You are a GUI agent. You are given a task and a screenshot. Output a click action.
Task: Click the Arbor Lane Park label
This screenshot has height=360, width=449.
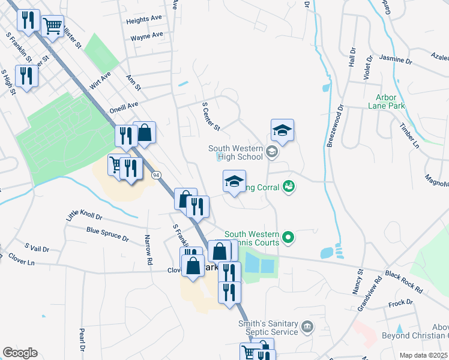click(390, 101)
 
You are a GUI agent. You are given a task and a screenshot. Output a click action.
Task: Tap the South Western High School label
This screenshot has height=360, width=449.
click(235, 152)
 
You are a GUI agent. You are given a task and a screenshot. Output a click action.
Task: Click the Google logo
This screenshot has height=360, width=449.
click(20, 353)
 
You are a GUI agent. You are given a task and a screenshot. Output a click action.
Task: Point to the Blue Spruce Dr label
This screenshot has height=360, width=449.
click(107, 234)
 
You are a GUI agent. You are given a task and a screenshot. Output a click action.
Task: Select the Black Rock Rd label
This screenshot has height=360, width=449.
click(404, 281)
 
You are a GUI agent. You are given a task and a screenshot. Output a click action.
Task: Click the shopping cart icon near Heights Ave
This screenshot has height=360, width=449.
click(53, 26)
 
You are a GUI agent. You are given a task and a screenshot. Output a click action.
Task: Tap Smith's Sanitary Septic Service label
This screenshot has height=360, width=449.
click(268, 328)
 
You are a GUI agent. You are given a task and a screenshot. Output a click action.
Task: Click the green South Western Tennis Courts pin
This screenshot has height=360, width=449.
click(288, 238)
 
